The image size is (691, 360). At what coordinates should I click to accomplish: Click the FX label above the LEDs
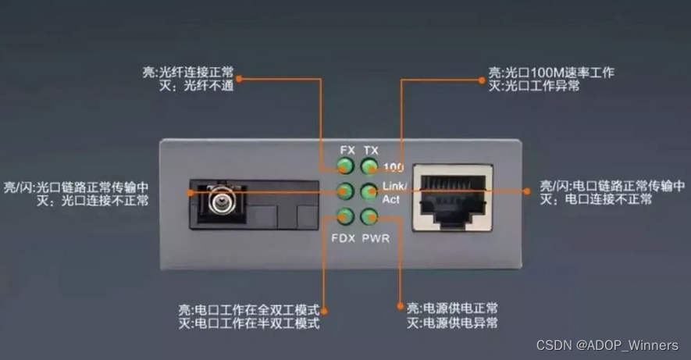347,150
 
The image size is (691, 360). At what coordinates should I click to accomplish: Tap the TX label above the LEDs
371,151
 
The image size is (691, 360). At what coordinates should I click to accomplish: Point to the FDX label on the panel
344,238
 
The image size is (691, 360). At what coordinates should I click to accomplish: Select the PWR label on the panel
376,238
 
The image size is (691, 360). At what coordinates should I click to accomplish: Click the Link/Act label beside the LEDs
394,193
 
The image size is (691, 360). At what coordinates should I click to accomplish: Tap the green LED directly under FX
345,166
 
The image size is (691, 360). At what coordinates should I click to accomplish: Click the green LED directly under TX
369,166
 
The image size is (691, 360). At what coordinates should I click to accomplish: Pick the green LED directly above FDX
345,216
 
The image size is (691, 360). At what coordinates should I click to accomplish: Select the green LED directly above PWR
369,216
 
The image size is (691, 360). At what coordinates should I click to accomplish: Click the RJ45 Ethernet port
453,198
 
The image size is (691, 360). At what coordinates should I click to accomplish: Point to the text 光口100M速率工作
559,73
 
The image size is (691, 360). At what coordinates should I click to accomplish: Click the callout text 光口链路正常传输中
93,187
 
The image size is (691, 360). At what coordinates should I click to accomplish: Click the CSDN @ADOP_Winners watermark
607,345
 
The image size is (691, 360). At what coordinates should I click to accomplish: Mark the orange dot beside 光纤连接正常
239,79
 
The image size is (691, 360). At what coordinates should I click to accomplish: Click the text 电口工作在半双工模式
257,323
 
